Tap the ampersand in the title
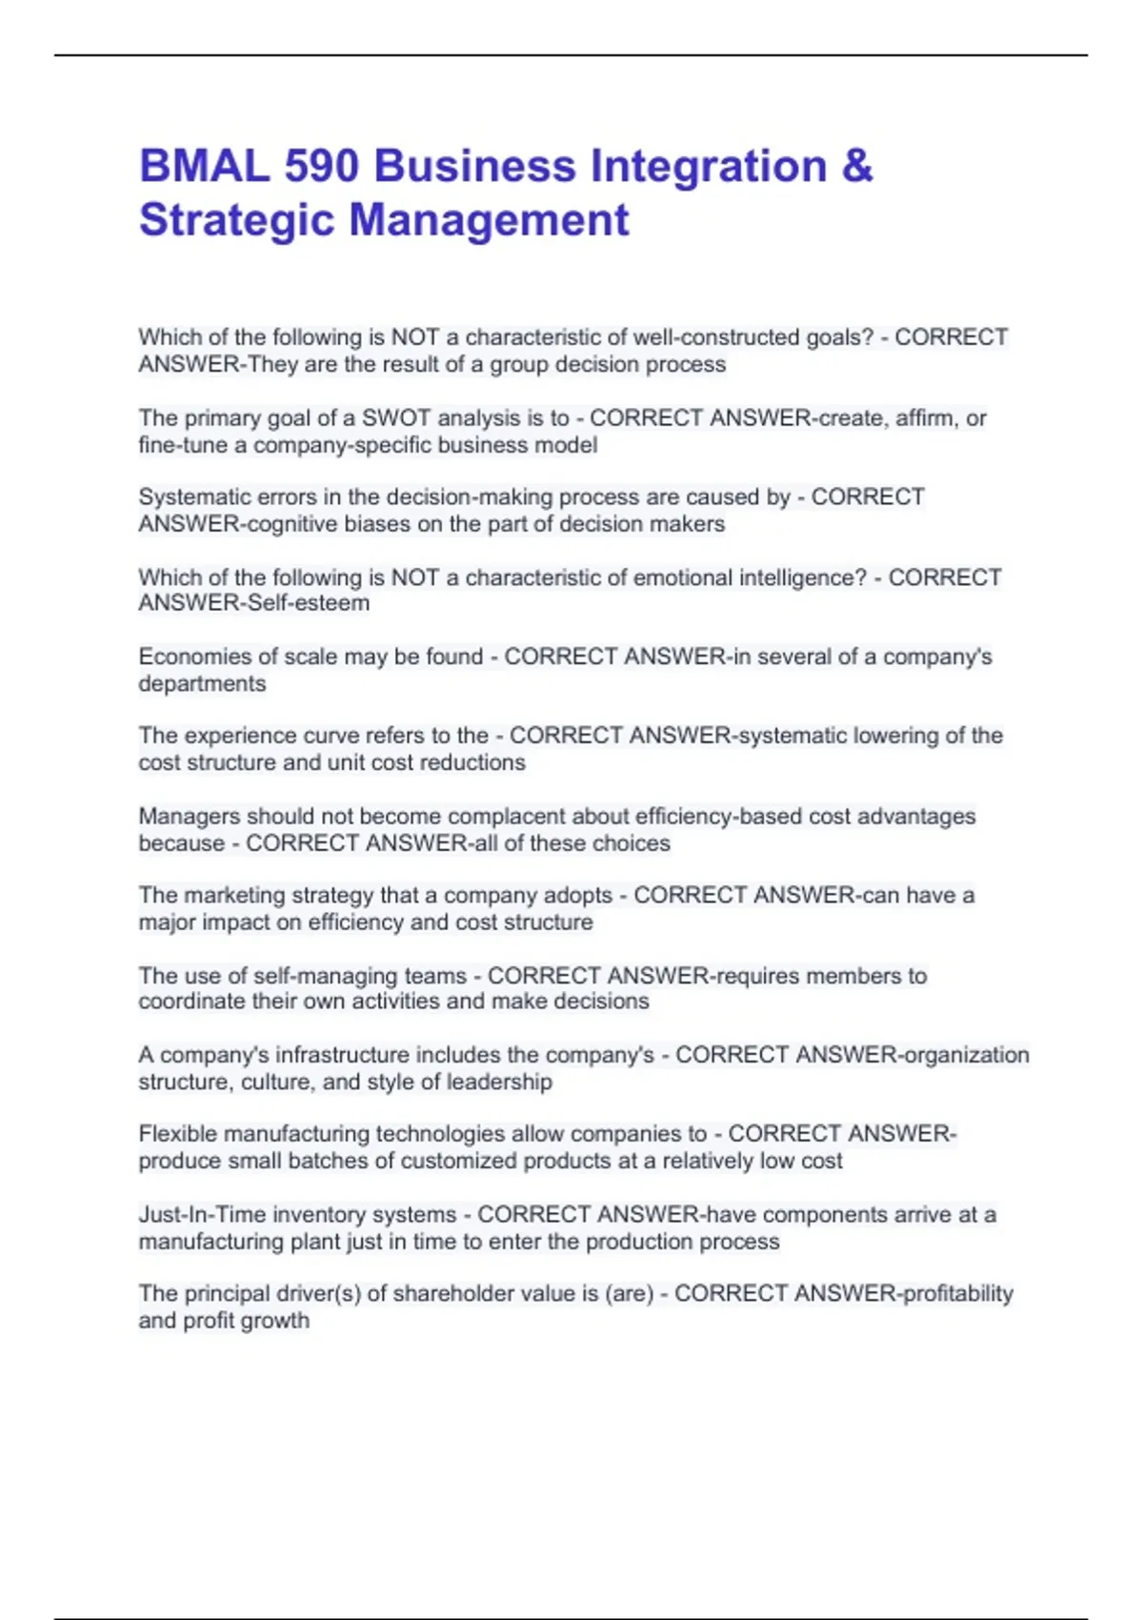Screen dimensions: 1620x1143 (857, 166)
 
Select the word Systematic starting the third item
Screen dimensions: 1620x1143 (195, 497)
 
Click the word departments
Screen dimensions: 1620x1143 (202, 684)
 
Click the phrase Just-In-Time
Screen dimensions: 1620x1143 (200, 1215)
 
